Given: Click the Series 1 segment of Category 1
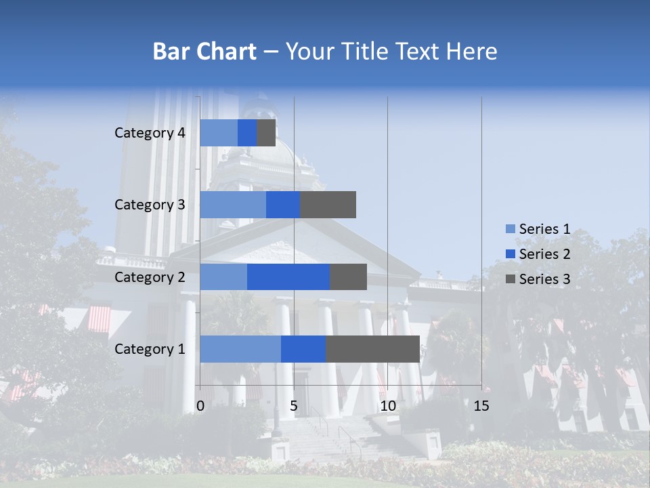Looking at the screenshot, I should tap(240, 349).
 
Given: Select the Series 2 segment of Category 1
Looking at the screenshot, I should tap(303, 349).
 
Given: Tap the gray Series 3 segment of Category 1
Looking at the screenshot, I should tap(372, 349).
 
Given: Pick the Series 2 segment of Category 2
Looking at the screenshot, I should tap(288, 277).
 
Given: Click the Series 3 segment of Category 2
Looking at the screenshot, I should tap(348, 277).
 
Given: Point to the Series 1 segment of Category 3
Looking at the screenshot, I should tap(233, 205).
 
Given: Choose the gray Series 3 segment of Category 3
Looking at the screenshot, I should tap(328, 205).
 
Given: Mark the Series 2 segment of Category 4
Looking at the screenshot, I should tap(247, 133).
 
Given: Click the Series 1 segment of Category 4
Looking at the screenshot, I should tap(219, 133).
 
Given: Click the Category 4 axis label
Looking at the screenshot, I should tap(150, 133).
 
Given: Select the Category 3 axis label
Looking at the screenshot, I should tap(150, 205).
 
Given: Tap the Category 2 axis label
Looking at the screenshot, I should tap(150, 277).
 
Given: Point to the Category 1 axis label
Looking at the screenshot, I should tap(150, 349).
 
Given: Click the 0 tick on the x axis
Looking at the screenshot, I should tap(200, 406).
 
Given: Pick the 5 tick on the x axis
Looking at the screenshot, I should tap(294, 406).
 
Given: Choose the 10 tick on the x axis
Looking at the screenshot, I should tap(387, 406).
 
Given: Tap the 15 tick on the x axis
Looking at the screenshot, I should tap(481, 406).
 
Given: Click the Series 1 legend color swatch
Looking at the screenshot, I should tap(510, 229).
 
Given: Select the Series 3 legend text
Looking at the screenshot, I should tap(544, 279).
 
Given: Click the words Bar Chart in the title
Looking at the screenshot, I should tap(204, 52).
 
